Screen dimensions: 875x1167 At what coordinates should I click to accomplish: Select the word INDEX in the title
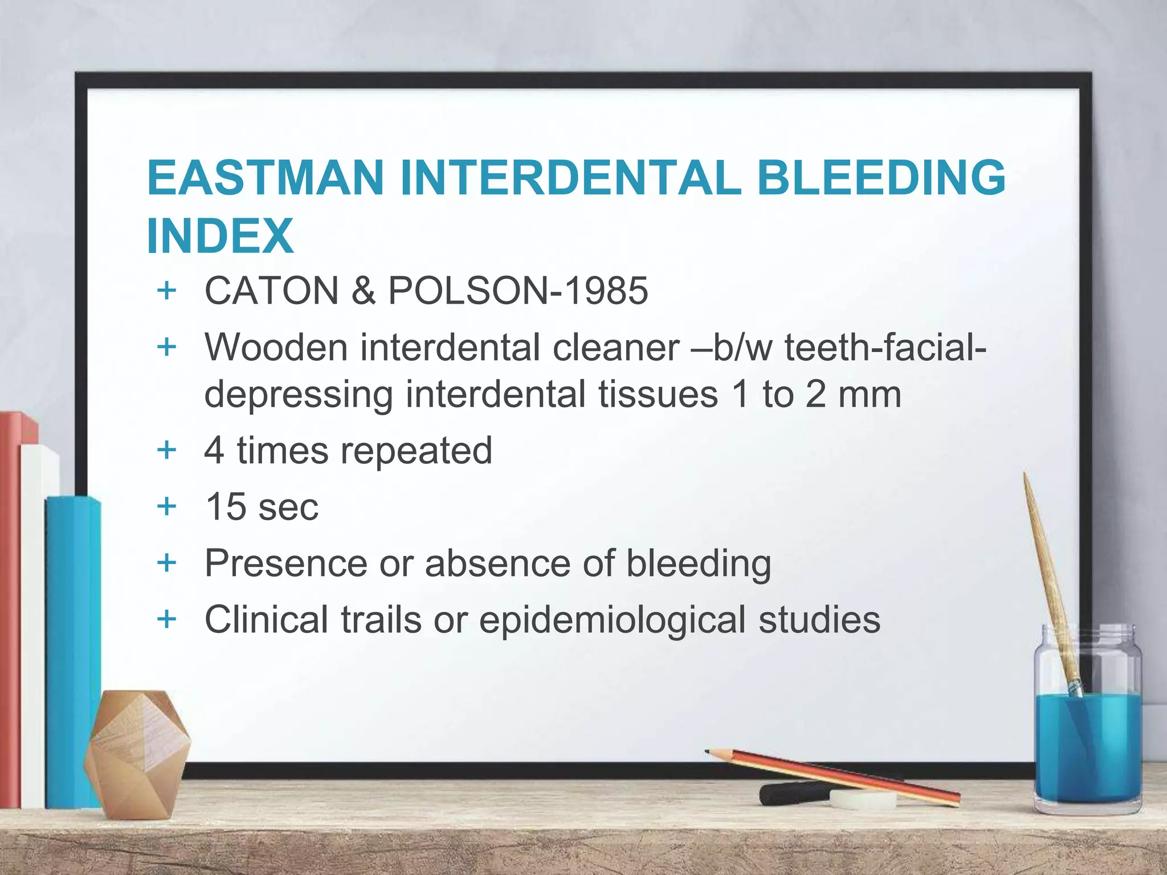tap(220, 236)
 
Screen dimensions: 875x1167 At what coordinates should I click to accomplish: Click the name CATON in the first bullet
tap(272, 291)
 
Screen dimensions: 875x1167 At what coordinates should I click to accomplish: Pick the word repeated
tap(416, 451)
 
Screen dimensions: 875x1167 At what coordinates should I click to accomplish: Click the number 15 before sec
tap(226, 506)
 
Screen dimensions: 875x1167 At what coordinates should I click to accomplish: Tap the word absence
tap(497, 563)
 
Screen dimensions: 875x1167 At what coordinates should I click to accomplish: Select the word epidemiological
tap(612, 620)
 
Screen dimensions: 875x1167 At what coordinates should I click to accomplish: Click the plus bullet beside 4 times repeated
tap(166, 450)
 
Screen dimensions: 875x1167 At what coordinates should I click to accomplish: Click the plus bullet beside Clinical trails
tap(166, 619)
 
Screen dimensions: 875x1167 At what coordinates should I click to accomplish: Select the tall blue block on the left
tap(73, 649)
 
